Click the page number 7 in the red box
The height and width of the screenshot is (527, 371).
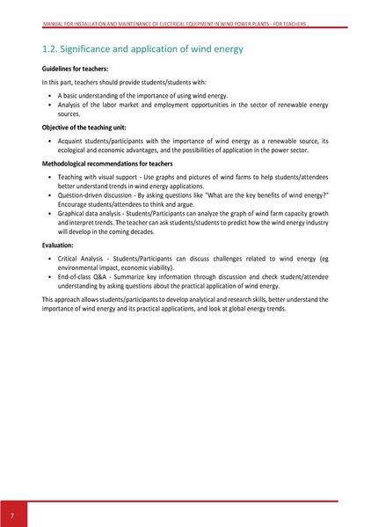click(13, 513)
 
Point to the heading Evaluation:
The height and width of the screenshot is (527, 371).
click(60, 245)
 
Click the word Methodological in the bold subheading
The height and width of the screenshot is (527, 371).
click(68, 164)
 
